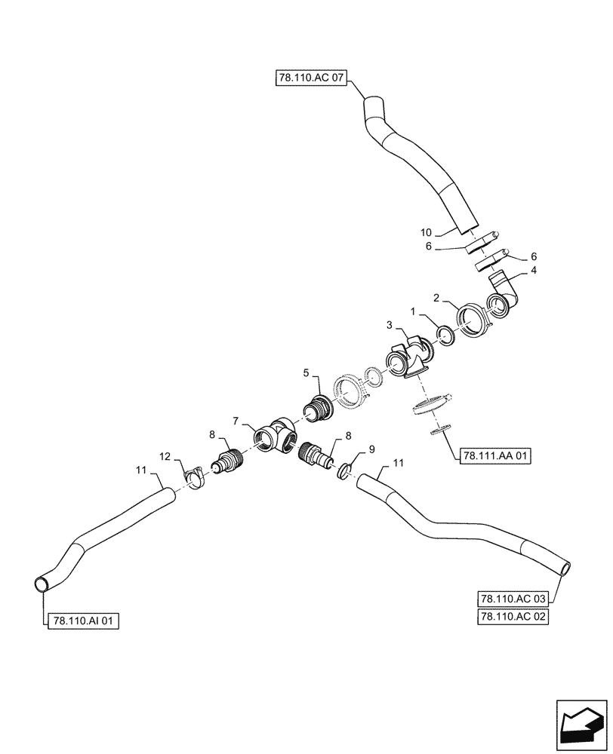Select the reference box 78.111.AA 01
pyautogui.click(x=494, y=455)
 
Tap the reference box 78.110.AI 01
pyautogui.click(x=83, y=621)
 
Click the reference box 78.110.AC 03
pyautogui.click(x=513, y=599)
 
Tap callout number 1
pyautogui.click(x=413, y=311)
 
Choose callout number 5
pyautogui.click(x=306, y=372)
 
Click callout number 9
pyautogui.click(x=371, y=450)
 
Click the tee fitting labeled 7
pyautogui.click(x=274, y=438)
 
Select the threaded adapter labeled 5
pyautogui.click(x=320, y=405)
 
